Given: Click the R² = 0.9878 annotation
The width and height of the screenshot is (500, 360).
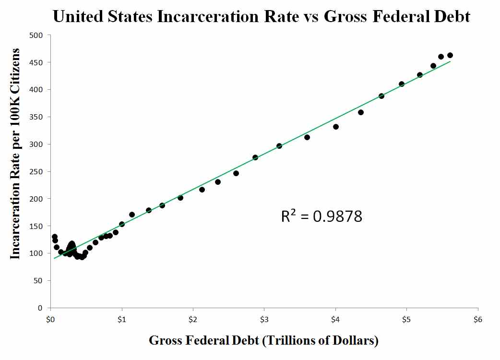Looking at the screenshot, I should coord(321,216).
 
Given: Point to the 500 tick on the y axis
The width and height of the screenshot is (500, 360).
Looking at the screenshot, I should coord(37,35).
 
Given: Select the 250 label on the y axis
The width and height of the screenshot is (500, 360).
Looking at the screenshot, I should coord(37,171).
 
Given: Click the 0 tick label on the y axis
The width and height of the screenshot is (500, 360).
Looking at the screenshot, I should coord(41,308).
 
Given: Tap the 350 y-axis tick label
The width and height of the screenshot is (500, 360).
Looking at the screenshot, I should coord(37,117).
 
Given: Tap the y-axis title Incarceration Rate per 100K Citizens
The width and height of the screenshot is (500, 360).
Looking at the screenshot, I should coord(15,154).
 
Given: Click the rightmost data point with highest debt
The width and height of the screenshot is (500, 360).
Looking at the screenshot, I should coord(450,55).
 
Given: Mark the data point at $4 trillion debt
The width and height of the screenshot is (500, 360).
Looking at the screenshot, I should coord(336,127).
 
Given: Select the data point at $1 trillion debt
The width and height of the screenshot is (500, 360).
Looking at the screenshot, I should coord(122,224).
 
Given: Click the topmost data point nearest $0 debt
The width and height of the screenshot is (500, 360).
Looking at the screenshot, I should coord(55,237).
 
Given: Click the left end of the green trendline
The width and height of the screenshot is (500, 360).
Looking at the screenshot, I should coord(54,258).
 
